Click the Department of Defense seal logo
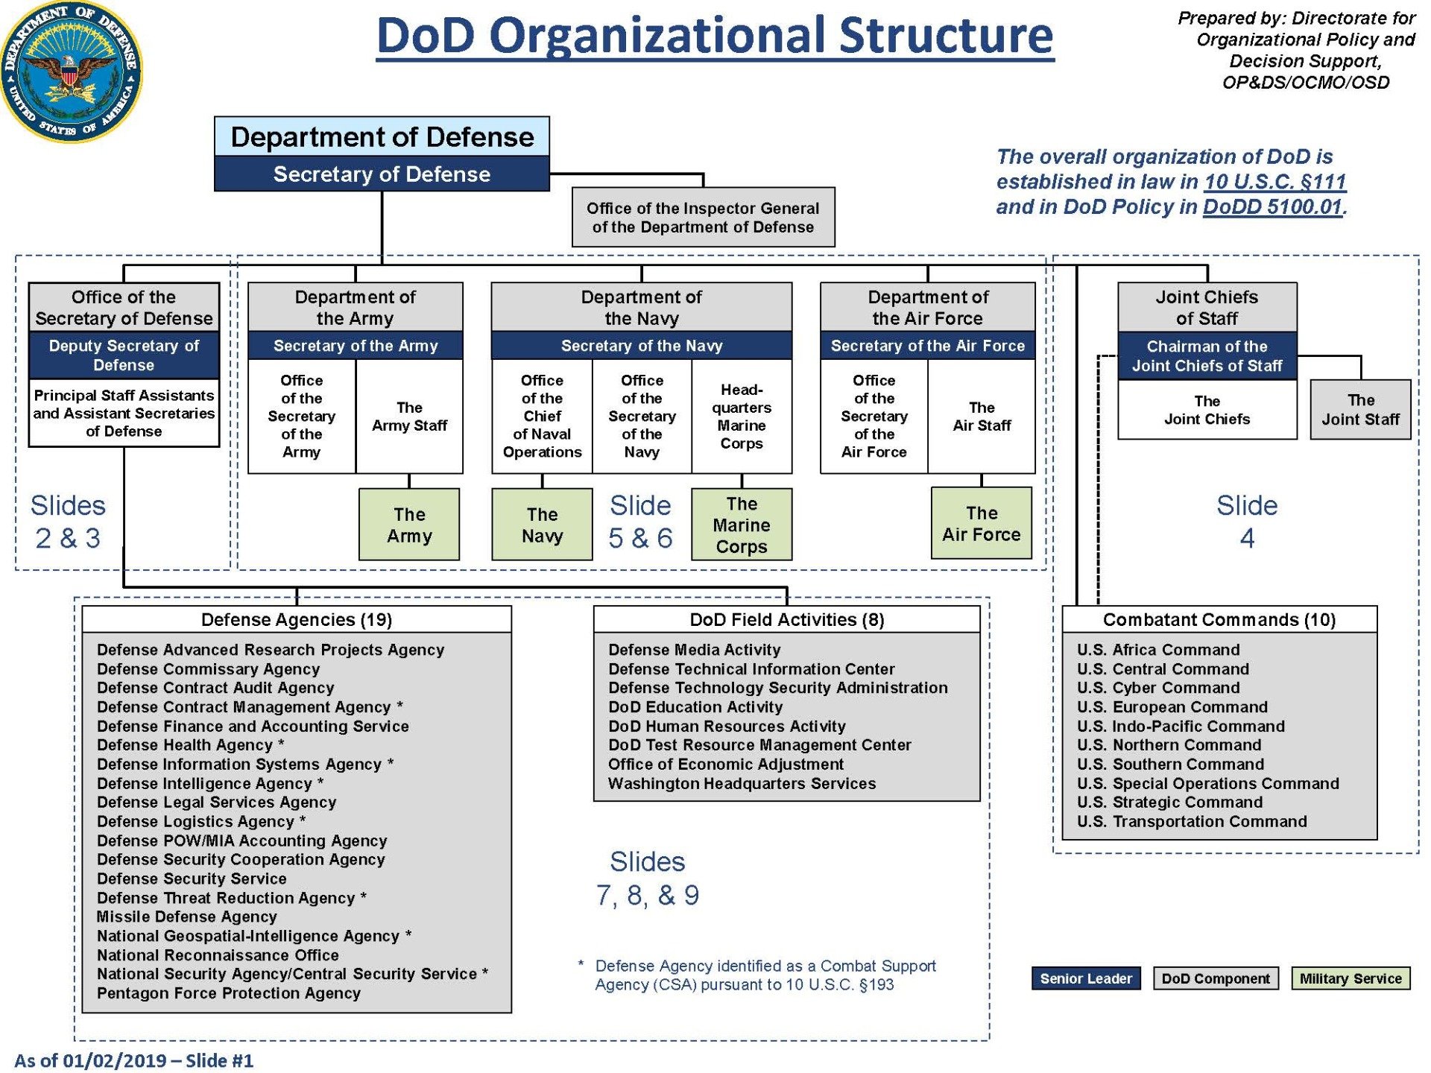[71, 71]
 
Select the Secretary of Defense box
[382, 174]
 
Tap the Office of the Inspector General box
[703, 218]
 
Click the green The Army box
[409, 525]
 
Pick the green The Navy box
[542, 525]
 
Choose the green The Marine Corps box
[742, 525]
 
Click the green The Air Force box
[982, 523]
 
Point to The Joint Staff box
[1360, 410]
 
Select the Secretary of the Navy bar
[642, 346]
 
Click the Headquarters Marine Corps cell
[742, 417]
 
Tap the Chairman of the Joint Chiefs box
[1207, 356]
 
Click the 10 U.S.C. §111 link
[1275, 182]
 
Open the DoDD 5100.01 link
[1272, 207]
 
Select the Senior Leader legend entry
[1086, 978]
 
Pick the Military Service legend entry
[1351, 978]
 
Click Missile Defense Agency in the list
[187, 917]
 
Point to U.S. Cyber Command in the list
[1158, 688]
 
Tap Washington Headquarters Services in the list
[742, 784]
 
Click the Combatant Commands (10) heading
[1219, 620]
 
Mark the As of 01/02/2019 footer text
[134, 1060]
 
